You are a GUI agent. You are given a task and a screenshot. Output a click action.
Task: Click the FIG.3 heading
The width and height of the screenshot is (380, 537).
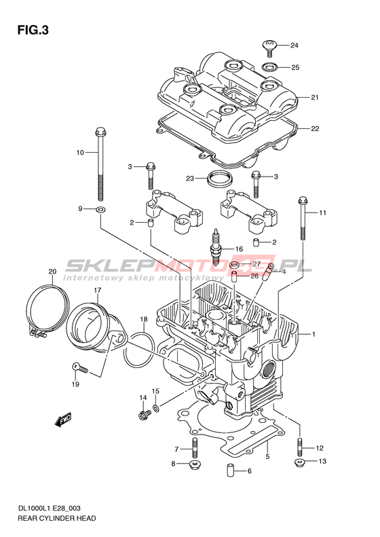[x=33, y=31]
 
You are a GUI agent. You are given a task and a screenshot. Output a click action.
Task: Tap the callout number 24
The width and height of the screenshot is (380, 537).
[x=294, y=45]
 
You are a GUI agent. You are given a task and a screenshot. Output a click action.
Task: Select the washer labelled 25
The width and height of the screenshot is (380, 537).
[x=270, y=66]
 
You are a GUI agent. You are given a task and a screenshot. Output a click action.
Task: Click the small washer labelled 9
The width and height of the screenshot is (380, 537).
[x=100, y=209]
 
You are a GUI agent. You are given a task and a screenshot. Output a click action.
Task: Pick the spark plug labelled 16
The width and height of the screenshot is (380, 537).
[x=216, y=246]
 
